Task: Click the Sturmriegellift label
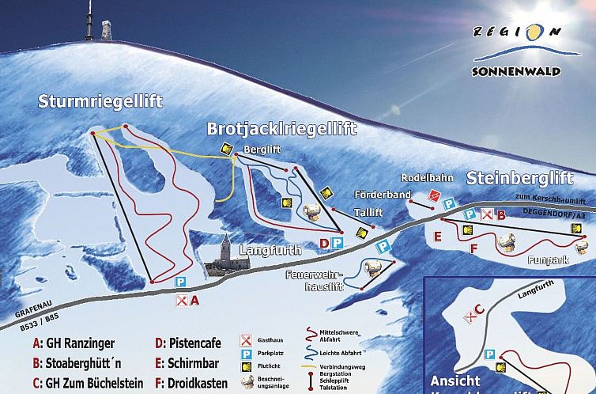pyautogui.click(x=100, y=101)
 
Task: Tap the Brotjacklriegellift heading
pyautogui.click(x=282, y=129)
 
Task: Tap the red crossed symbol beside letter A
pyautogui.click(x=182, y=300)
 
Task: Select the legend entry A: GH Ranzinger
pyautogui.click(x=74, y=343)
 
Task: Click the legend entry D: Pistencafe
pyautogui.click(x=188, y=343)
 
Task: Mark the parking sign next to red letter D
pyautogui.click(x=337, y=243)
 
